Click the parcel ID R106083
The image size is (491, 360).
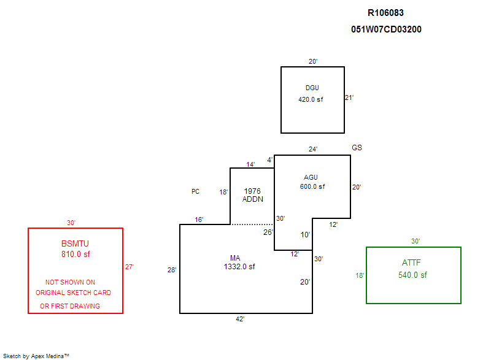click(385, 13)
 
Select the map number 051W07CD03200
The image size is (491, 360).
click(386, 29)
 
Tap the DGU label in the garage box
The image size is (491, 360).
click(312, 88)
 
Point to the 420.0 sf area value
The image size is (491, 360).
click(311, 99)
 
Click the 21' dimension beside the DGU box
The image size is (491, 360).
click(349, 98)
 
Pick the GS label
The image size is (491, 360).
click(357, 148)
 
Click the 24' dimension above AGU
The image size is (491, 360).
click(313, 149)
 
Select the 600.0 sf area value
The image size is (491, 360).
click(312, 186)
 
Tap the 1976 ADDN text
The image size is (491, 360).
click(253, 195)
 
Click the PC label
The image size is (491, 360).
click(195, 191)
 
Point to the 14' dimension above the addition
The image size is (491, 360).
click(250, 164)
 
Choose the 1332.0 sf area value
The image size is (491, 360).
click(239, 267)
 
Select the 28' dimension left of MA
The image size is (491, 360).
click(172, 270)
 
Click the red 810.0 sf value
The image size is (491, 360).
click(75, 254)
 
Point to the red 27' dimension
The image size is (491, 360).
click(129, 267)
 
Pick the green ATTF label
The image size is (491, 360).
click(412, 263)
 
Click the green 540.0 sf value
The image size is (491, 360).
click(412, 275)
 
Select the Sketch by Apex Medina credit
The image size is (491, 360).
click(36, 355)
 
